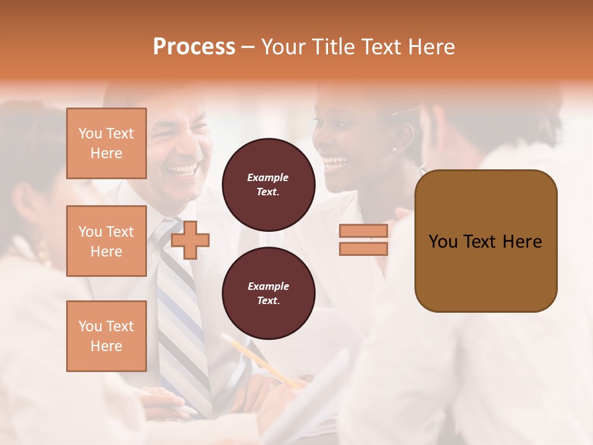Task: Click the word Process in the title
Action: (x=194, y=47)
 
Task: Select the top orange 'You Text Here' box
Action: (x=106, y=143)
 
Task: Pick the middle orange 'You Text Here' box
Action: (x=106, y=241)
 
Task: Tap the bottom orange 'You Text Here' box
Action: (x=106, y=336)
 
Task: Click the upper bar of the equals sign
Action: (x=363, y=231)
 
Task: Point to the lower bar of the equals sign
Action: (x=363, y=248)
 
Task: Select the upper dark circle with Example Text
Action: (x=268, y=184)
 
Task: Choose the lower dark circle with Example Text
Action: (x=268, y=293)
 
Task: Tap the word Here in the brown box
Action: (x=522, y=242)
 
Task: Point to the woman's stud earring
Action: (x=395, y=148)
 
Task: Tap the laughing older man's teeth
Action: (x=182, y=169)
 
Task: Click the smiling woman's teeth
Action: (x=334, y=163)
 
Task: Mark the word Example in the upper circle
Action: (x=268, y=177)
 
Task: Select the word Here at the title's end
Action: (x=431, y=47)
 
